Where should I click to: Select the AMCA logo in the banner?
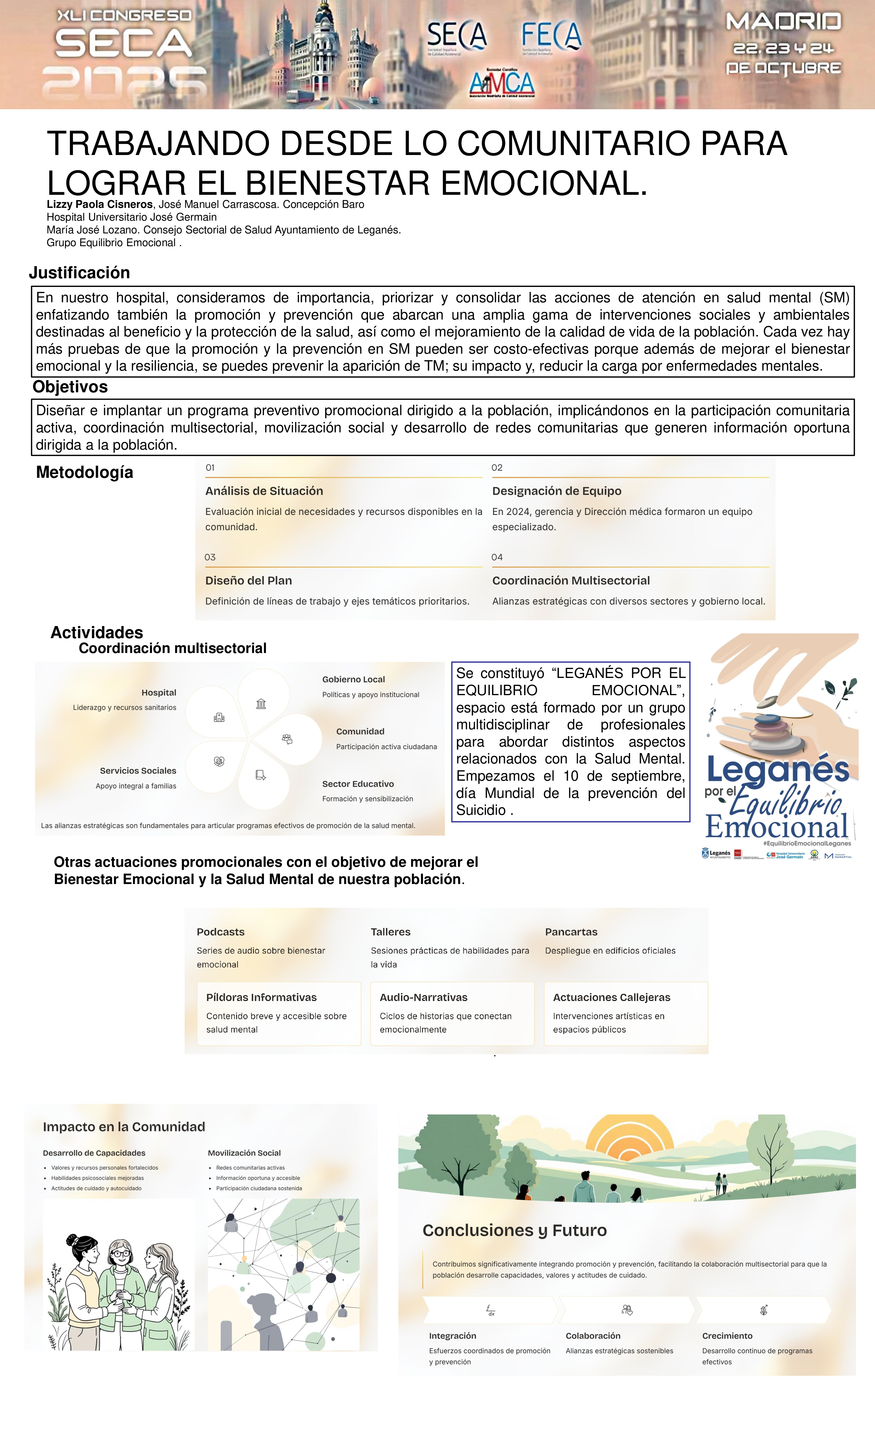502,83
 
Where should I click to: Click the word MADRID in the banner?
783,22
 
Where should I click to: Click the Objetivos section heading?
70,387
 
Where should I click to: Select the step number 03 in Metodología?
210,557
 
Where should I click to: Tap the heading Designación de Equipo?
556,491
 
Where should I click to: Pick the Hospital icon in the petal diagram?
219,718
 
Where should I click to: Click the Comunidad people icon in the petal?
287,739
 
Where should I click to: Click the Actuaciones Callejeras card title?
611,997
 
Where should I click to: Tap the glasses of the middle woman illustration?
121,1253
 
